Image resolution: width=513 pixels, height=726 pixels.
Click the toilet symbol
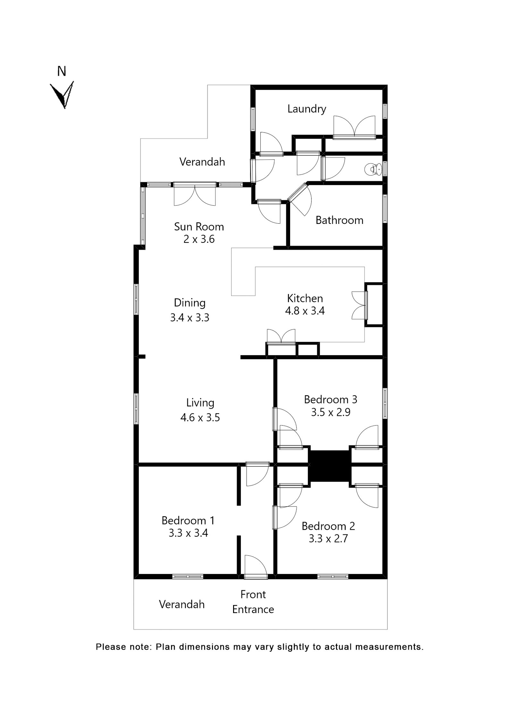tap(373, 169)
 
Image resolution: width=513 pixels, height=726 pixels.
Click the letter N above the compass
tap(61, 71)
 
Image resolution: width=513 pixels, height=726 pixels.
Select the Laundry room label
tap(307, 109)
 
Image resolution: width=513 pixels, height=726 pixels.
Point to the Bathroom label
tap(339, 220)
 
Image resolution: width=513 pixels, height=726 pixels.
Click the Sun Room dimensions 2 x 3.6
tap(199, 239)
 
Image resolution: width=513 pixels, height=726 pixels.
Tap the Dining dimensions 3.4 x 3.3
tap(189, 318)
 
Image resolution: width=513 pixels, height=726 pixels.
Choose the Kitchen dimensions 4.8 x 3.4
tap(305, 311)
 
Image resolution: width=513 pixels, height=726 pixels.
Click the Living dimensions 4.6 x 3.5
tap(200, 417)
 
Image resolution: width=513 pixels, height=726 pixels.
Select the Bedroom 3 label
tap(330, 399)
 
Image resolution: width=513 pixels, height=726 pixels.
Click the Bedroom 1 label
tap(188, 520)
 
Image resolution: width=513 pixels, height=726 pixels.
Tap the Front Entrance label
tap(253, 602)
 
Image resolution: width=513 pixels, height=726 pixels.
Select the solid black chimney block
tap(330, 466)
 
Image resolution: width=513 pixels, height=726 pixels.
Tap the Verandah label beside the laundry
tap(202, 162)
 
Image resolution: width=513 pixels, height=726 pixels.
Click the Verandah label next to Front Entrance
tap(181, 604)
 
